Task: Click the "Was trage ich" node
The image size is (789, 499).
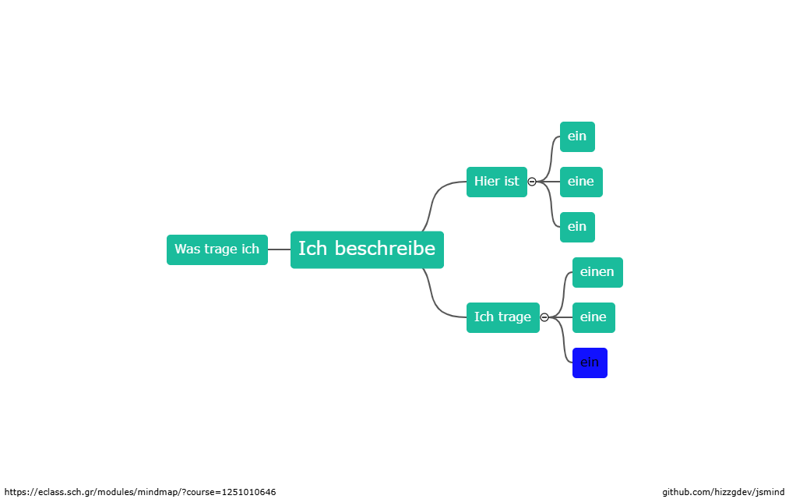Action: click(217, 249)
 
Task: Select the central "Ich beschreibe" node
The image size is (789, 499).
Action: click(367, 249)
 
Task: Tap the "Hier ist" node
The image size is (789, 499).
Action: click(496, 182)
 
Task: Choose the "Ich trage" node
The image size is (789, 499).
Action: click(502, 317)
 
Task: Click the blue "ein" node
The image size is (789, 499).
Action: click(590, 363)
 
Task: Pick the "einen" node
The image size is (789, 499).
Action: click(597, 272)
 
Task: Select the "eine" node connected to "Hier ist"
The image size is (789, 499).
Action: click(580, 182)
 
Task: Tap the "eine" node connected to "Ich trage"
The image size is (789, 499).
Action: click(594, 317)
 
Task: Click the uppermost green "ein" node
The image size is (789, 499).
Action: click(577, 136)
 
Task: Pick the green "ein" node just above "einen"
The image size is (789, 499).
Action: click(577, 227)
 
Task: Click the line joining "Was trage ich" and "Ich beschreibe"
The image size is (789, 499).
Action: click(279, 249)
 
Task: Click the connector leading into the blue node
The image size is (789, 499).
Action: click(562, 347)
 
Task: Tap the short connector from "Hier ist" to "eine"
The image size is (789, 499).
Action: click(549, 182)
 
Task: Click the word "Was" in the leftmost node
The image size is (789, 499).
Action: click(187, 249)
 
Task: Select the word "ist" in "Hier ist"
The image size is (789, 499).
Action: click(511, 182)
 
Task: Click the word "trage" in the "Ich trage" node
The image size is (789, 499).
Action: click(514, 317)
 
